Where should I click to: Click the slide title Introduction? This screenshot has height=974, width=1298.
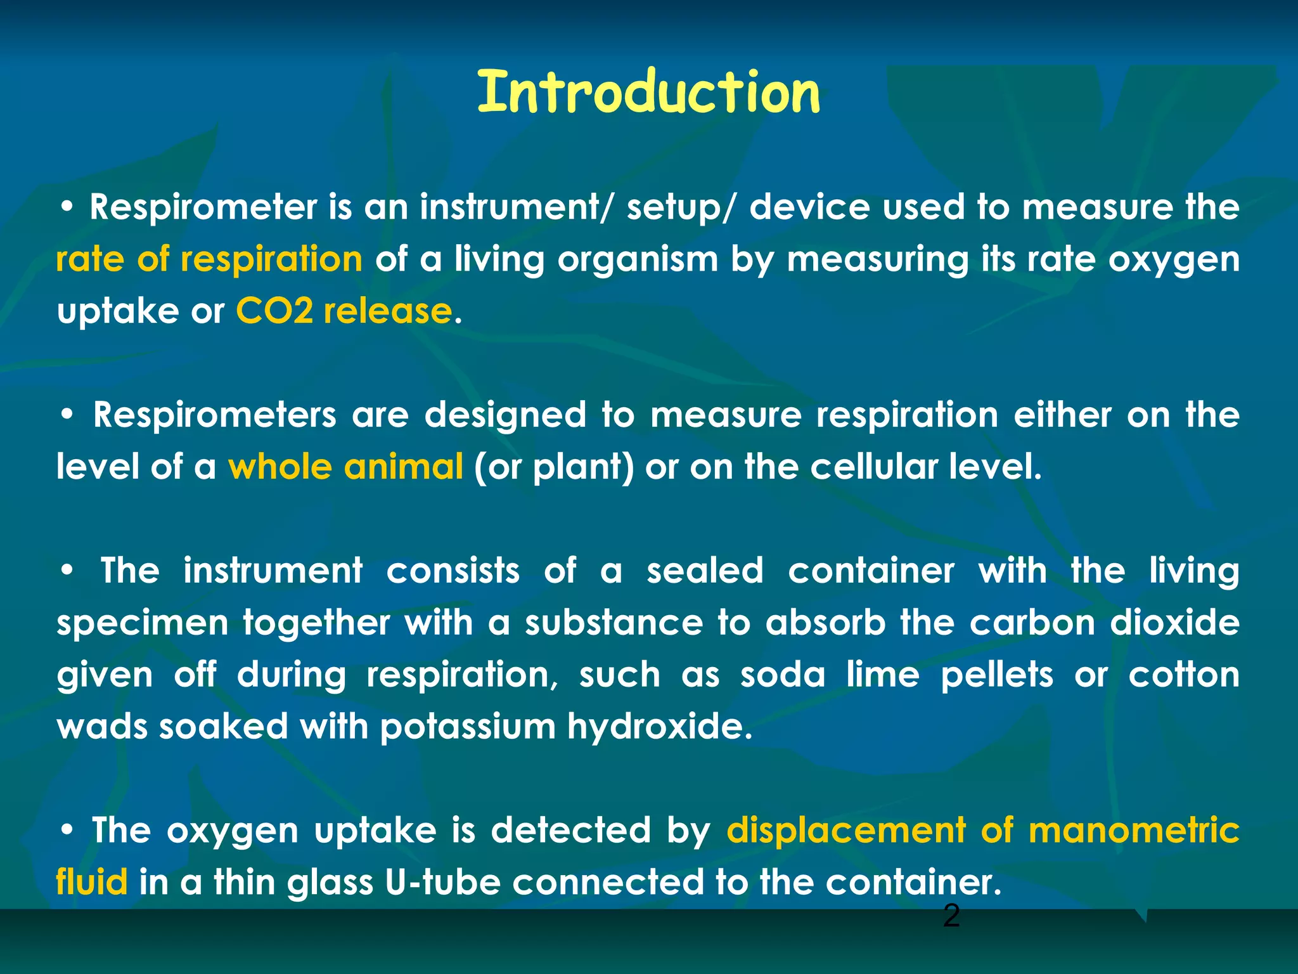click(x=648, y=93)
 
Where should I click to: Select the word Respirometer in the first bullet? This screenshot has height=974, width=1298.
click(x=203, y=207)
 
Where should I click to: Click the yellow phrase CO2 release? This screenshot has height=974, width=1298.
click(x=344, y=311)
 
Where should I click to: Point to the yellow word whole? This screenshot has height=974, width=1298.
click(x=280, y=467)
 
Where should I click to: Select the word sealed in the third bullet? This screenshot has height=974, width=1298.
click(x=705, y=571)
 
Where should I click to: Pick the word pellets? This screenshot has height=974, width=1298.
click(x=997, y=675)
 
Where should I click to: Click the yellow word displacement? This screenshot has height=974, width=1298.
click(x=847, y=831)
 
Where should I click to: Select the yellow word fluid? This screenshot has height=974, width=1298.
click(x=92, y=883)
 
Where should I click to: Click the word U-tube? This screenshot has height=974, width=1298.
click(x=443, y=883)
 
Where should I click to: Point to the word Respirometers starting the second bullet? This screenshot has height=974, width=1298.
click(x=215, y=415)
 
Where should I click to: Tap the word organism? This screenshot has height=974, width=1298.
click(x=638, y=260)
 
